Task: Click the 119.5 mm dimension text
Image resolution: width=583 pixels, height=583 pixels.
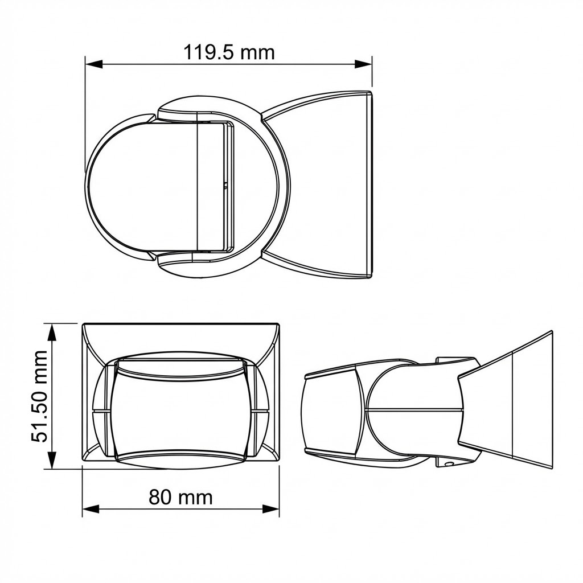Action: point(228,52)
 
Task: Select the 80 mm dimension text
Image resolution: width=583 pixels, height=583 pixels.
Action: point(180,497)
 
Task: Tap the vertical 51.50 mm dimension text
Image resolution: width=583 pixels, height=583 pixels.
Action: point(39,397)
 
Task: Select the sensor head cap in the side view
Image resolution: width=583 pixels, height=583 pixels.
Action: point(330,410)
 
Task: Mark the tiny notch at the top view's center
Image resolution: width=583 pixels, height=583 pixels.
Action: point(226,185)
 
